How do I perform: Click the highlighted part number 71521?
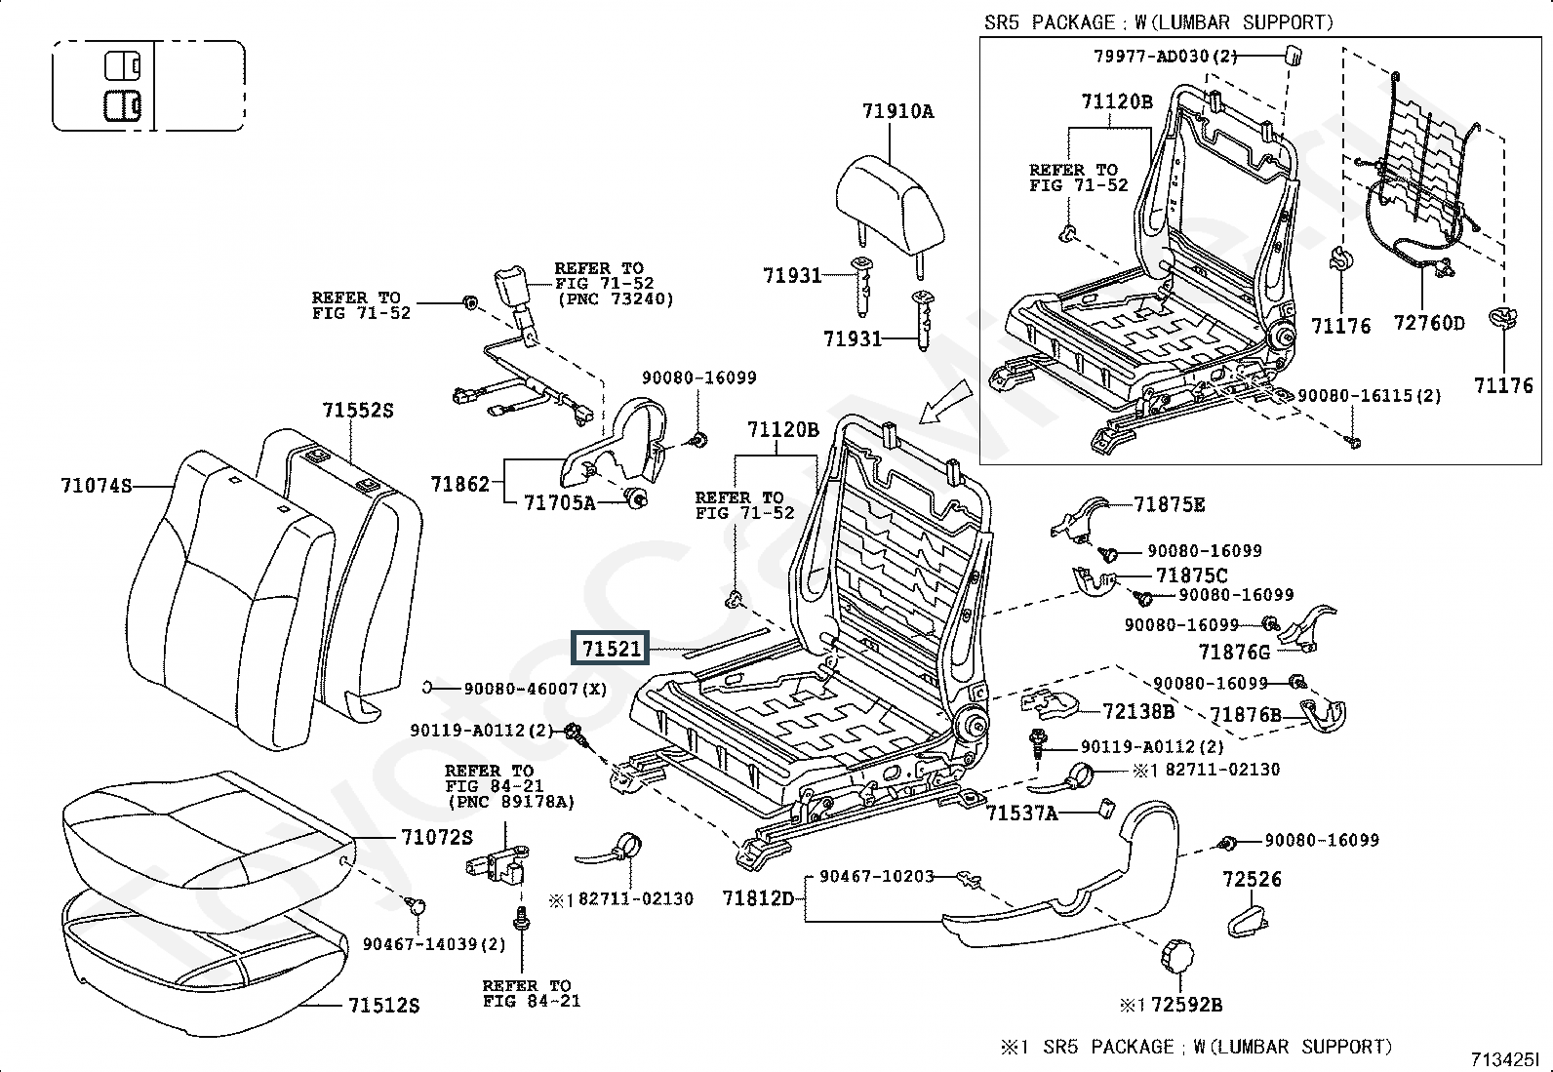[x=611, y=649]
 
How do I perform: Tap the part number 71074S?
[x=95, y=485]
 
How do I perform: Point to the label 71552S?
[x=358, y=411]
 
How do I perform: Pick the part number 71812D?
[x=758, y=897]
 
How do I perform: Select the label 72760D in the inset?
[x=1429, y=323]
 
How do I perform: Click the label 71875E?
[x=1169, y=504]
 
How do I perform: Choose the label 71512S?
[x=383, y=1005]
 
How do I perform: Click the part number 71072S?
[x=436, y=837]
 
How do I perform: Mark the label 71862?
[x=459, y=483]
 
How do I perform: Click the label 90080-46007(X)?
[x=535, y=689]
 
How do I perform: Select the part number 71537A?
[x=1021, y=813]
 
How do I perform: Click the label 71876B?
[x=1245, y=715]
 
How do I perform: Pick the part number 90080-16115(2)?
[x=1369, y=396]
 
